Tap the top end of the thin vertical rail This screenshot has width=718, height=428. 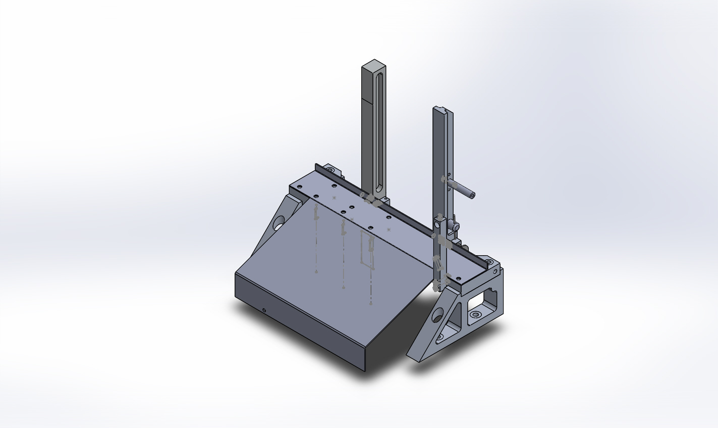click(x=440, y=109)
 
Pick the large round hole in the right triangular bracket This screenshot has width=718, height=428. click(x=438, y=316)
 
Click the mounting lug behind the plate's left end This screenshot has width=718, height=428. click(x=332, y=168)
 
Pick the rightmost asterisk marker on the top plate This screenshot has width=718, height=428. click(x=389, y=229)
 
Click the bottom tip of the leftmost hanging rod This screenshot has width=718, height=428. click(x=316, y=272)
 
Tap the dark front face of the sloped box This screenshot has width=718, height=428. click(x=298, y=323)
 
